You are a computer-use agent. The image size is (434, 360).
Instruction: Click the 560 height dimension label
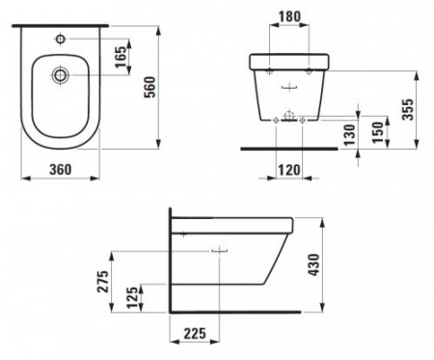pyautogui.click(x=150, y=87)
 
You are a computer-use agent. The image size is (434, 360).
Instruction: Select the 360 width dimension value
pyautogui.click(x=61, y=170)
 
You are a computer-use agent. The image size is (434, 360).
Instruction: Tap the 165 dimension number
pyautogui.click(x=122, y=57)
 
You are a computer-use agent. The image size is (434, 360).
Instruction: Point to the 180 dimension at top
pyautogui.click(x=289, y=16)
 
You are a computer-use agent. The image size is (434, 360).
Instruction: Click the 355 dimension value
pyautogui.click(x=408, y=109)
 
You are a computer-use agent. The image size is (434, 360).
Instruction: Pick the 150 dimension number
pyautogui.click(x=377, y=132)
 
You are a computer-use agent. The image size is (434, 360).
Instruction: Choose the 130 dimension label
pyautogui.click(x=349, y=134)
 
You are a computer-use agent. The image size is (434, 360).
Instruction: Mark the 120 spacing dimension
pyautogui.click(x=289, y=170)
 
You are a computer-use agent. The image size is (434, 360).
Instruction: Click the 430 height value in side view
pyautogui.click(x=313, y=264)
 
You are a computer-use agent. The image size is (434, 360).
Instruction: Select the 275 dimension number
pyautogui.click(x=103, y=281)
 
